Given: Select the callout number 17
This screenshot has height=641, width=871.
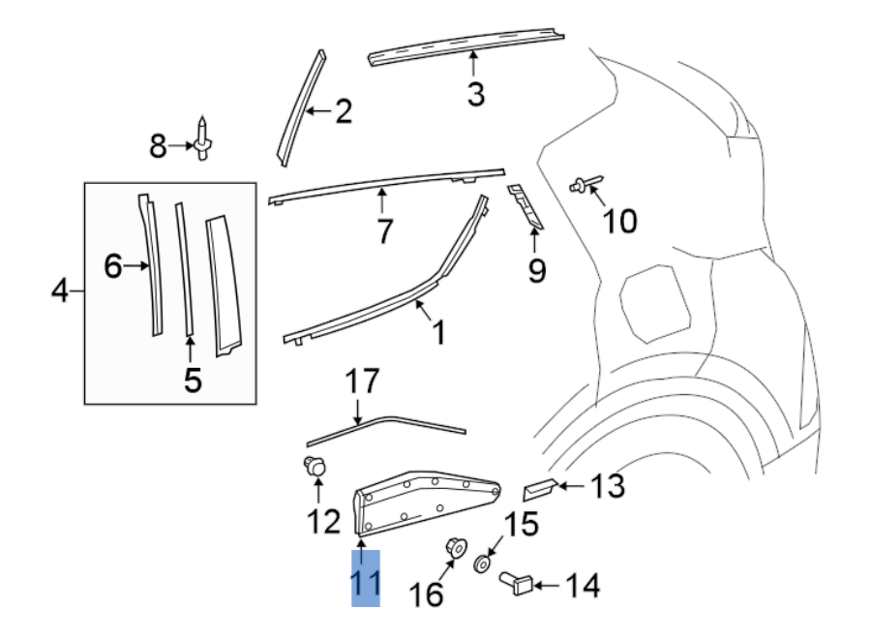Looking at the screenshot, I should tap(364, 382).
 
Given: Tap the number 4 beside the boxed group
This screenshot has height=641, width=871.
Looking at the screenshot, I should tap(60, 290).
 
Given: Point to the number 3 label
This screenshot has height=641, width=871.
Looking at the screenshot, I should tap(475, 94).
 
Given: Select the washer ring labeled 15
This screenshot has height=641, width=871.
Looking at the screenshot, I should tap(481, 564).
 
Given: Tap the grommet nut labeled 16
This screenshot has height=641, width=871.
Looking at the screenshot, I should tap(452, 547).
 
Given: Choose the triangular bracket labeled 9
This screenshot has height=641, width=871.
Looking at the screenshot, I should tap(526, 207).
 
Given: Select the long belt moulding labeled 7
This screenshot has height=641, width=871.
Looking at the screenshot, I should tap(387, 181).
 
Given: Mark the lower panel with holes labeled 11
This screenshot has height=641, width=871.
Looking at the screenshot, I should tap(426, 498).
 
